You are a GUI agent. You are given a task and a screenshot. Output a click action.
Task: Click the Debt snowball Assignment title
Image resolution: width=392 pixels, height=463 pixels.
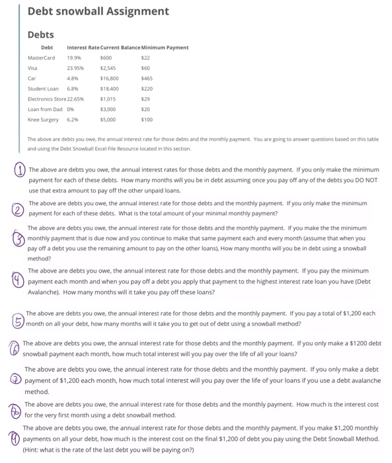tap(98, 11)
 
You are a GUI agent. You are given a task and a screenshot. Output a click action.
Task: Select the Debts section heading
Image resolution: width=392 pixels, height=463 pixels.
tap(41, 34)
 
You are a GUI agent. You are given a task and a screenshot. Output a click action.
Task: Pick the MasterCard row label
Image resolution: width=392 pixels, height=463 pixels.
tap(44, 58)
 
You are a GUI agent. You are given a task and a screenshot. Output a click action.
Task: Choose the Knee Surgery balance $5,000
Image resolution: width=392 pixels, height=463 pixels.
tap(108, 118)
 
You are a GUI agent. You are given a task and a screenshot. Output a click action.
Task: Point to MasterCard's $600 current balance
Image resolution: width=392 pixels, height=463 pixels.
tap(107, 58)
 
